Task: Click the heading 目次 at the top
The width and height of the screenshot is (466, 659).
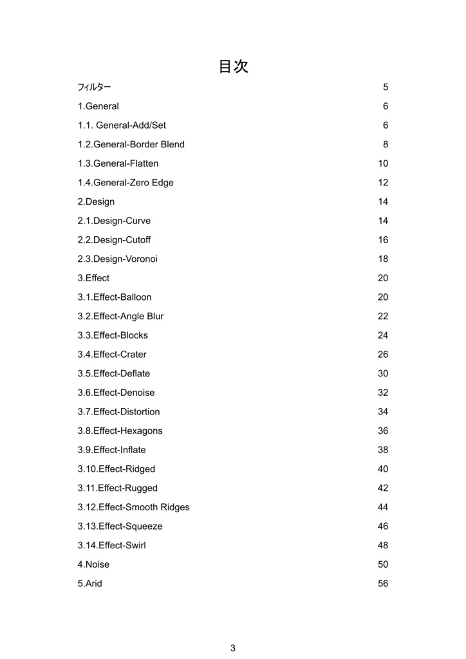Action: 233,66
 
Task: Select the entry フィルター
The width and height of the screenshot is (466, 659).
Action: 94,87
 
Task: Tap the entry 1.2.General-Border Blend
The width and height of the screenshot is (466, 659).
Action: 131,144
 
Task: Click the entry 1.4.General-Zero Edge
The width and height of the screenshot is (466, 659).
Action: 126,183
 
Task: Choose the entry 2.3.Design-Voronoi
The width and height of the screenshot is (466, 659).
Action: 118,259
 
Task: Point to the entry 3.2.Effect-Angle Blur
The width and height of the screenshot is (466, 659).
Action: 121,317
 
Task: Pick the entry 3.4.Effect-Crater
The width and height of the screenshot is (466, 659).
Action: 112,355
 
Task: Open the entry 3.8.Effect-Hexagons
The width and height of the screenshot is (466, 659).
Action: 120,431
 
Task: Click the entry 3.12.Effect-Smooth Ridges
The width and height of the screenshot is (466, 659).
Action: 134,507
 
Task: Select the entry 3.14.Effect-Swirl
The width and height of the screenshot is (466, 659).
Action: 112,546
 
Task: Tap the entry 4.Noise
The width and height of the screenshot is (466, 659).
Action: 94,564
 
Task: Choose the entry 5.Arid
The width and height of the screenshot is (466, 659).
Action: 90,584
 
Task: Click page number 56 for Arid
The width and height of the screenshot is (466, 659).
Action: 383,584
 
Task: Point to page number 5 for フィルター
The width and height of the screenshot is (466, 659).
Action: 386,87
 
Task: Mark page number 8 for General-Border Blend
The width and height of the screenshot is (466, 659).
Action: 386,144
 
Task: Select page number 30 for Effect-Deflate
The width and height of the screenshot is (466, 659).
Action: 383,374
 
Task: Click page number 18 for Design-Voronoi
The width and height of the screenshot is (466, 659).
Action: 383,259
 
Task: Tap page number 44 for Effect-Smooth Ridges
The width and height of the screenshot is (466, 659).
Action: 383,507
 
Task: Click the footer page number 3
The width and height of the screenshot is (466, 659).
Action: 233,648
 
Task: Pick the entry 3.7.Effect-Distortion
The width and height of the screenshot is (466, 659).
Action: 119,412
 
